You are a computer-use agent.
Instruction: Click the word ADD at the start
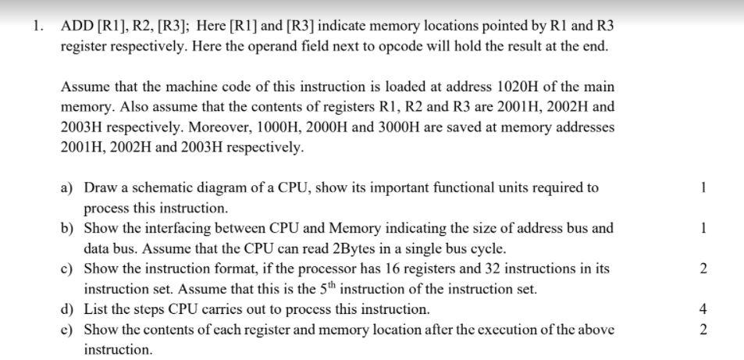75,26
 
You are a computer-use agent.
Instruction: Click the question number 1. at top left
37,26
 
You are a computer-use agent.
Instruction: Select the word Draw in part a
99,188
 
